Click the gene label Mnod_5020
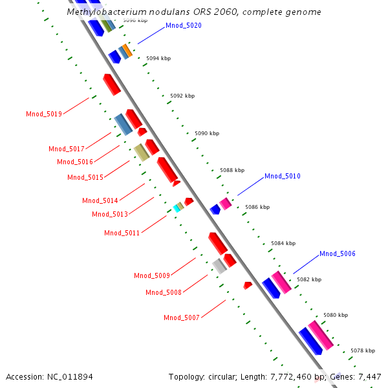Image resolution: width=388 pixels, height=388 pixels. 184,26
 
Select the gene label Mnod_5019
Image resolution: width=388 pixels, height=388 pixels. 44,114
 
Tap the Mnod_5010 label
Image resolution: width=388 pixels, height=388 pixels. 283,177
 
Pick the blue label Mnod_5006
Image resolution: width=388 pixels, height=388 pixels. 338,254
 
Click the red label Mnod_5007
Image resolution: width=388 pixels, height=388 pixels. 182,318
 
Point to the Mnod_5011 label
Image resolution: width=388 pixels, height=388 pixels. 122,233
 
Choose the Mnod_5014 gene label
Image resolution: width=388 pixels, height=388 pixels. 100,201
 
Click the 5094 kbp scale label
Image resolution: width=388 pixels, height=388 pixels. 158,59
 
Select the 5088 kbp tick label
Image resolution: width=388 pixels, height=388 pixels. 232,171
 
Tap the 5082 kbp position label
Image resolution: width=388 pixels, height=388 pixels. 308,280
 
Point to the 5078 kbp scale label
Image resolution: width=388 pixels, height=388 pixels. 363,350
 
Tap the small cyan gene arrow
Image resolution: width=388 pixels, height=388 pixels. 176,208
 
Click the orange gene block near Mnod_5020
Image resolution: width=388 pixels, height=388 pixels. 128,50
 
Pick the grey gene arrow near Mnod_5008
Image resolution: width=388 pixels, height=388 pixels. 220,265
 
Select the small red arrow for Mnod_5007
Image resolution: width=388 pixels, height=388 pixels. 247,285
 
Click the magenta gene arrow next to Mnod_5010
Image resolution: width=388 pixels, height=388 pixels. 225,204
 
